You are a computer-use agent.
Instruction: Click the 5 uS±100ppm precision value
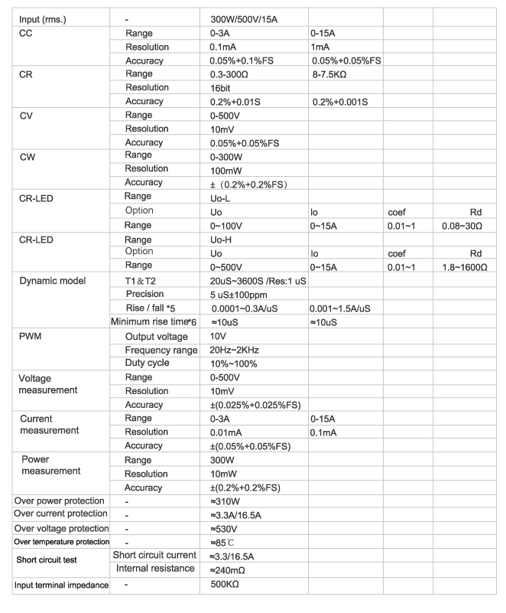point(242,295)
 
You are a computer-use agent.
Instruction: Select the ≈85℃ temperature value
point(224,543)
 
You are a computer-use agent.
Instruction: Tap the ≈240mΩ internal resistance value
point(230,570)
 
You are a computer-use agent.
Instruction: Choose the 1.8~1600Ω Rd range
point(465,267)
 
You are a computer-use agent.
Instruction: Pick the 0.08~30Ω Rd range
point(465,226)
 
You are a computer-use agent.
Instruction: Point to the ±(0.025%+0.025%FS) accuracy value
point(255,405)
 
